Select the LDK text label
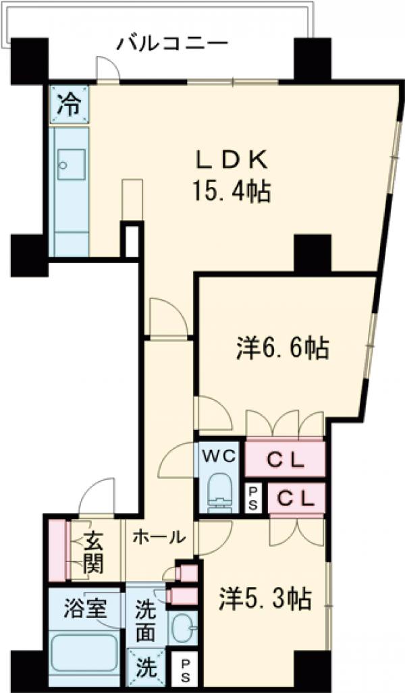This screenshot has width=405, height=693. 232,161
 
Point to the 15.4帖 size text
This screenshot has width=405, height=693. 232,193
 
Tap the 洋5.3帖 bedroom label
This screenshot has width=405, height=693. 265,597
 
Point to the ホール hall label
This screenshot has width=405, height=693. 159,538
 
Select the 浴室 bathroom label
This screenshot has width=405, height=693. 85,607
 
